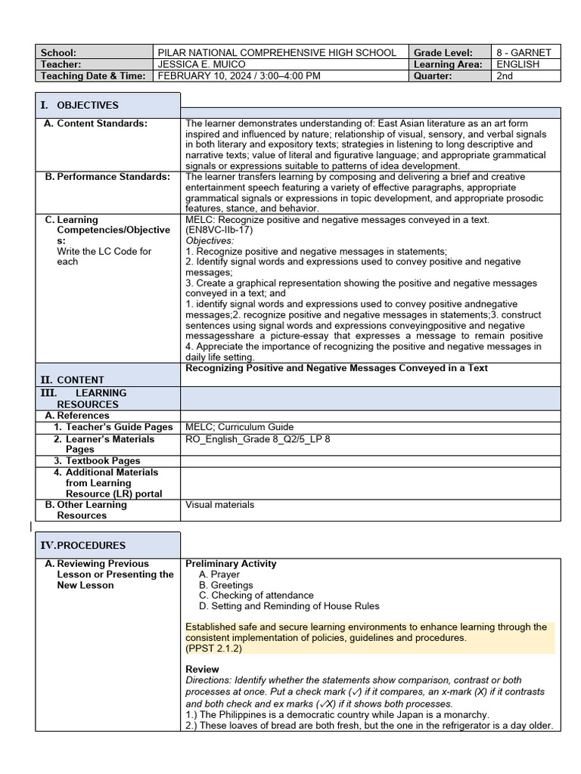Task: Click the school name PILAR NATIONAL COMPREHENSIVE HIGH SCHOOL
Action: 276,53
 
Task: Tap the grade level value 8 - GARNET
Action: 524,53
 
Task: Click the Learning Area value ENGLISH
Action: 518,64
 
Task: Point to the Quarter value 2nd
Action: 505,76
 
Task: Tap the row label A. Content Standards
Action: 101,124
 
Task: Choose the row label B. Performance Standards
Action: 107,177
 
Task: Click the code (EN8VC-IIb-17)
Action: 218,230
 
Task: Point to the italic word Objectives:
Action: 210,240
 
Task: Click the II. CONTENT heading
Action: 72,379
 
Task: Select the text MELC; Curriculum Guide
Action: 239,427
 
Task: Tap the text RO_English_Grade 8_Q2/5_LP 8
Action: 257,438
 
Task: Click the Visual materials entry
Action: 219,504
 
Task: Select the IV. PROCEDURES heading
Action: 82,545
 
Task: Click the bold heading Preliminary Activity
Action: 231,564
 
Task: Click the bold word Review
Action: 202,670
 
